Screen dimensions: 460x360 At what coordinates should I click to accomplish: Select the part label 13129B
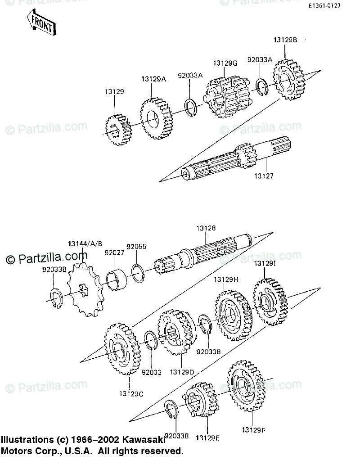pos(285,40)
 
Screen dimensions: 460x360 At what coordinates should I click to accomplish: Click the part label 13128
pos(204,229)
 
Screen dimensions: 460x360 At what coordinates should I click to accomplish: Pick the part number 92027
pos(114,253)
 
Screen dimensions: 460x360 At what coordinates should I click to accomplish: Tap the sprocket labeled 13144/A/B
pos(85,290)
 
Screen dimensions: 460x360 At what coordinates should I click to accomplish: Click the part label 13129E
pos(207,437)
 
